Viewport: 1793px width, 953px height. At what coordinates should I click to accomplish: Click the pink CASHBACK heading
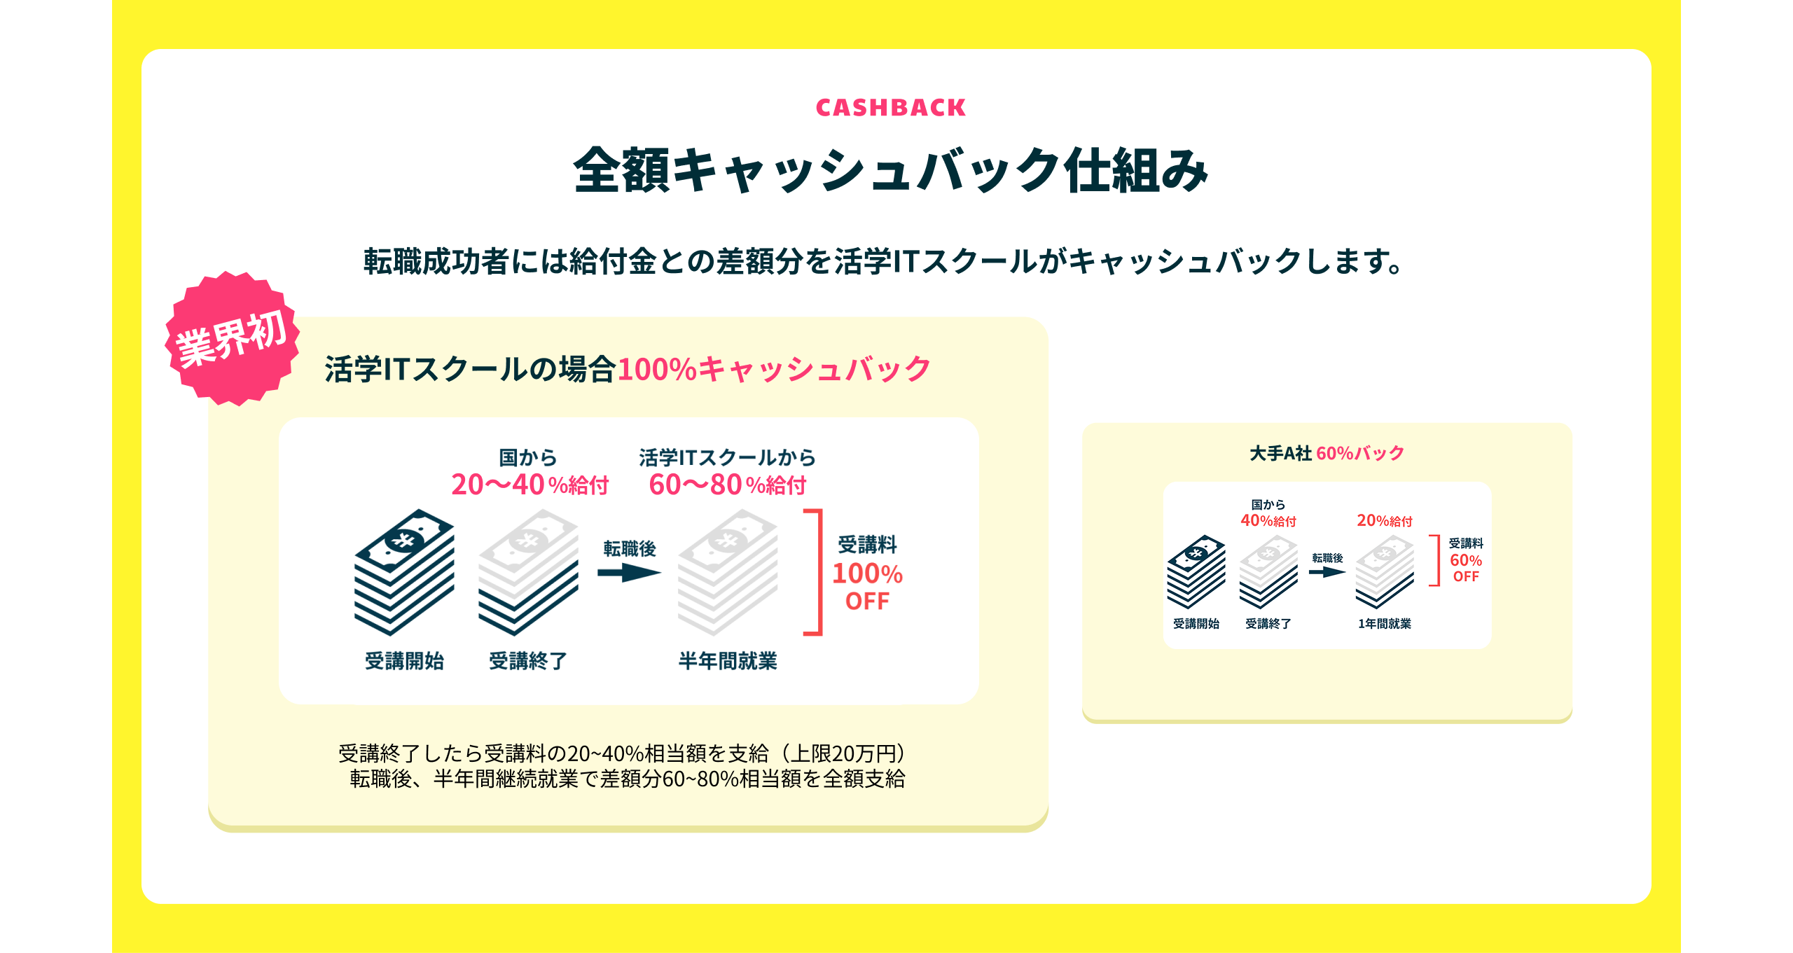(x=891, y=108)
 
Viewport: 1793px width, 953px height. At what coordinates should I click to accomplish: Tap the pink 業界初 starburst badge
(x=232, y=338)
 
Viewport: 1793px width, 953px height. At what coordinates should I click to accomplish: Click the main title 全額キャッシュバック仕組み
(x=891, y=170)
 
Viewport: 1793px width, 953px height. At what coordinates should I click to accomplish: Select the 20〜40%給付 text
(x=529, y=485)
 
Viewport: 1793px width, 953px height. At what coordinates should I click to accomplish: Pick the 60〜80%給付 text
(x=728, y=485)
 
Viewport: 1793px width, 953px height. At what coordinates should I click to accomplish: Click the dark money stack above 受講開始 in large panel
(x=404, y=572)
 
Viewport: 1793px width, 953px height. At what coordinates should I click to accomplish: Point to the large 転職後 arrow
(x=629, y=573)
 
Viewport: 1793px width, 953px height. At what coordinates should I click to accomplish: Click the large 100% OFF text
(x=867, y=587)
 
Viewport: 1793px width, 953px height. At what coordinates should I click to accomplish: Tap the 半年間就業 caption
(x=728, y=661)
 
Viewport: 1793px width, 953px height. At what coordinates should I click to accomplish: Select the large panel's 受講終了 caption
(x=528, y=661)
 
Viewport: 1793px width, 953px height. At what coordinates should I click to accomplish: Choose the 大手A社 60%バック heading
(x=1327, y=453)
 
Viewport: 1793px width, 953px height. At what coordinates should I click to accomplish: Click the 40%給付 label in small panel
(x=1268, y=521)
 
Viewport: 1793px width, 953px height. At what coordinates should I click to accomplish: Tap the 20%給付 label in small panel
(x=1385, y=521)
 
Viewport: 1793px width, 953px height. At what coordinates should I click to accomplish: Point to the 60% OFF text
(x=1466, y=568)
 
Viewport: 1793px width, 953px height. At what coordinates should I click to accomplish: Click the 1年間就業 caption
(x=1385, y=624)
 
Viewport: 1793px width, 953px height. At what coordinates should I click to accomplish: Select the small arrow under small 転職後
(x=1327, y=571)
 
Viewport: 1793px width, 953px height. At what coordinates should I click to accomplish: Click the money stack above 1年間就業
(x=1385, y=572)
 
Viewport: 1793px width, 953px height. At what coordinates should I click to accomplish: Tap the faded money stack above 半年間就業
(x=728, y=572)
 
